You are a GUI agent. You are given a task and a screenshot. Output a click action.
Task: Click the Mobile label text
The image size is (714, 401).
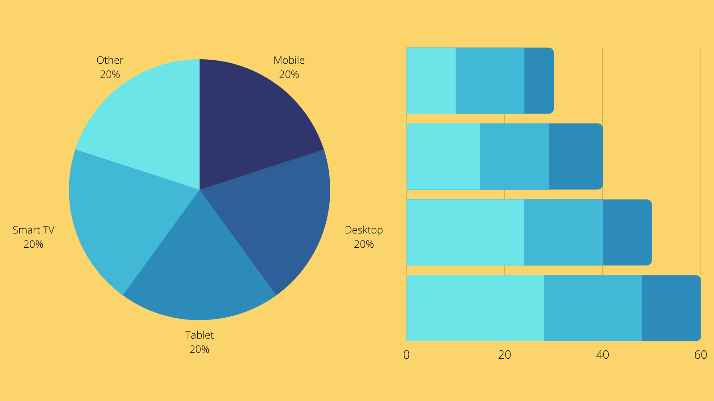289,61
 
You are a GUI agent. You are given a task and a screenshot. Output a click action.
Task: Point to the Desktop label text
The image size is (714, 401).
364,230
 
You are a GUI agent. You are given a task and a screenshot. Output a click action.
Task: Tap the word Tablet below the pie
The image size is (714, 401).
199,335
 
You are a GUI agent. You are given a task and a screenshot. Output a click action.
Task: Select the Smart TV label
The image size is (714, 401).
33,230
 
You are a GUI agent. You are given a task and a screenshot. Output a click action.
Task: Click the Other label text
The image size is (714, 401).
110,61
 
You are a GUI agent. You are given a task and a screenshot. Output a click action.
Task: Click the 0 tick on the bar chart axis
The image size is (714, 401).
407,355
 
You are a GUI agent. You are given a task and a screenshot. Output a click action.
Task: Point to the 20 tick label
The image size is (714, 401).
504,355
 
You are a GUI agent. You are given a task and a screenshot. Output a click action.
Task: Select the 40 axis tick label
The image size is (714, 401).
602,355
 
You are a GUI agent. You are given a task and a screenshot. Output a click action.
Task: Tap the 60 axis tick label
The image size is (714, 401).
701,355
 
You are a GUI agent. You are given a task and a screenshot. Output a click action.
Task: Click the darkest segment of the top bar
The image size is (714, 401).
539,80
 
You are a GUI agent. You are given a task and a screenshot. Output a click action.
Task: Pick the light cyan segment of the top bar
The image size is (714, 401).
431,80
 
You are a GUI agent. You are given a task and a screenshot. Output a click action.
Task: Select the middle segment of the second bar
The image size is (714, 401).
515,156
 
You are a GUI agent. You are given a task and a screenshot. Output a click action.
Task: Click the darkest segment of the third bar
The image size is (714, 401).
627,232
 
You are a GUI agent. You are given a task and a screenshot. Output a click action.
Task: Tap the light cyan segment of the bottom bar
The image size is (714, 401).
475,308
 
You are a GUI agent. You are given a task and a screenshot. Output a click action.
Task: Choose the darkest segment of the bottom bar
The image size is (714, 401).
671,308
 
